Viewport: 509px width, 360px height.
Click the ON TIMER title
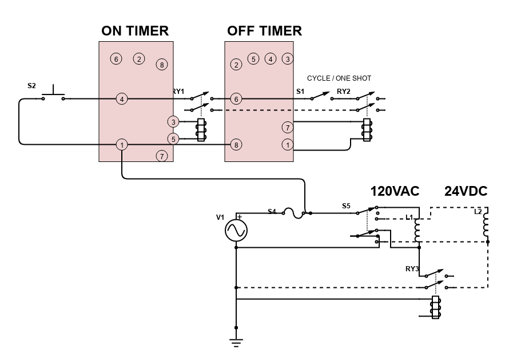point(135,31)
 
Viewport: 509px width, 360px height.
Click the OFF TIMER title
point(264,31)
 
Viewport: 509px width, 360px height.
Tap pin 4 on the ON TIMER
point(122,99)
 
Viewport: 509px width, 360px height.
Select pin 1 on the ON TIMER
point(122,145)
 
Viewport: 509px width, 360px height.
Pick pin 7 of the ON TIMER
point(162,155)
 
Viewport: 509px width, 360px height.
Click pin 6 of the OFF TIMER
point(236,99)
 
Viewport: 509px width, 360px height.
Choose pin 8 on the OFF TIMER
point(236,145)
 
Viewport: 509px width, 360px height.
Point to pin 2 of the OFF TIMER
point(236,65)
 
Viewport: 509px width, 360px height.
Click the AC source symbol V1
point(236,231)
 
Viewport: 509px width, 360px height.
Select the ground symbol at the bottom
point(236,342)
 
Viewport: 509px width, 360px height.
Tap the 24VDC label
point(466,191)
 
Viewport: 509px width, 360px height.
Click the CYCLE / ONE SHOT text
point(339,78)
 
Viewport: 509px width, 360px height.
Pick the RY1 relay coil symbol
point(201,130)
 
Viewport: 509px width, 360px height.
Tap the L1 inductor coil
point(419,231)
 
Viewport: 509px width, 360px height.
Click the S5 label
point(346,205)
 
